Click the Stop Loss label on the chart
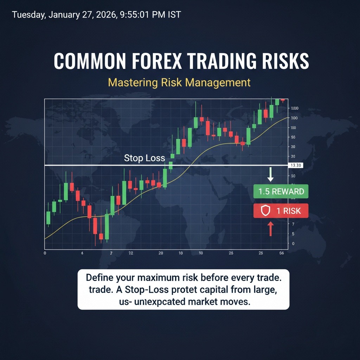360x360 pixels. click(144, 158)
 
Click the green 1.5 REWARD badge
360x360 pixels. click(281, 192)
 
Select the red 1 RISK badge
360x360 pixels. click(281, 211)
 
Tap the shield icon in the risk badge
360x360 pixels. click(265, 211)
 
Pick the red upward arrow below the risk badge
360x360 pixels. click(271, 229)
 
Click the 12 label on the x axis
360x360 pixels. click(131, 253)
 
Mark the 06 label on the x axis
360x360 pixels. click(282, 253)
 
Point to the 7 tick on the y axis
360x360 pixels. click(293, 224)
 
